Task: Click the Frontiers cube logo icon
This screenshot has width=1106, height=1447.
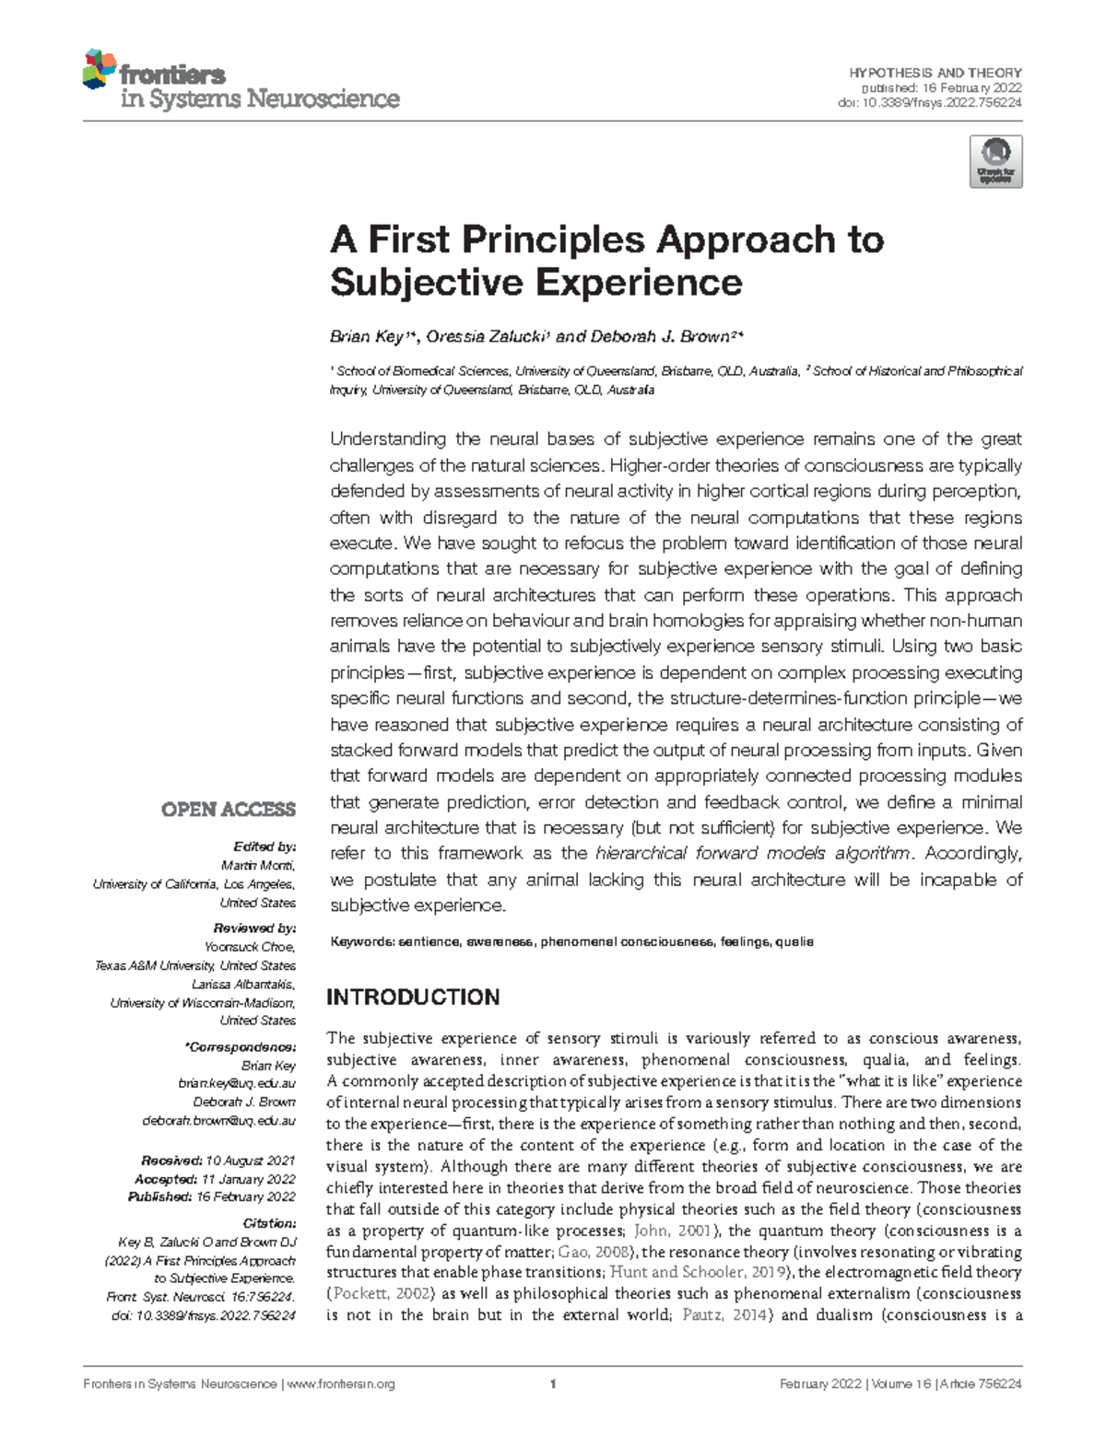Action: (x=100, y=69)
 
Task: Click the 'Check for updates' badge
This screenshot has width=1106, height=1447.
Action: (x=995, y=162)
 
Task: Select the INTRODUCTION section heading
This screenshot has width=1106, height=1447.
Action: (x=414, y=998)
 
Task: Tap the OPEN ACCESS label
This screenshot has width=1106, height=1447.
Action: (x=229, y=810)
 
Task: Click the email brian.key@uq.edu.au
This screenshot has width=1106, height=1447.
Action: (x=237, y=1084)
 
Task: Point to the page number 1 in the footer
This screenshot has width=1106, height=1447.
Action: (x=553, y=1384)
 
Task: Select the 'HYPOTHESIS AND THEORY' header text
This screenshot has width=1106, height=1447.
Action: (x=935, y=73)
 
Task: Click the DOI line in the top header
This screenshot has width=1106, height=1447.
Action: (x=929, y=103)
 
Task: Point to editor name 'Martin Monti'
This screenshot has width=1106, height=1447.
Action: (x=258, y=865)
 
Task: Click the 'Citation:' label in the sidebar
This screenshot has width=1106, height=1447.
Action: (x=268, y=1223)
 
